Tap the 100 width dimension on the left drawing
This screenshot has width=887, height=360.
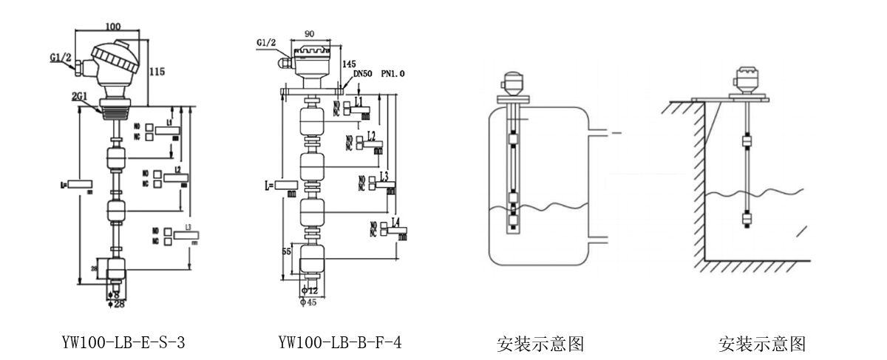pos(112,27)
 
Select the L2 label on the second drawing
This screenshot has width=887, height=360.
pos(370,136)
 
